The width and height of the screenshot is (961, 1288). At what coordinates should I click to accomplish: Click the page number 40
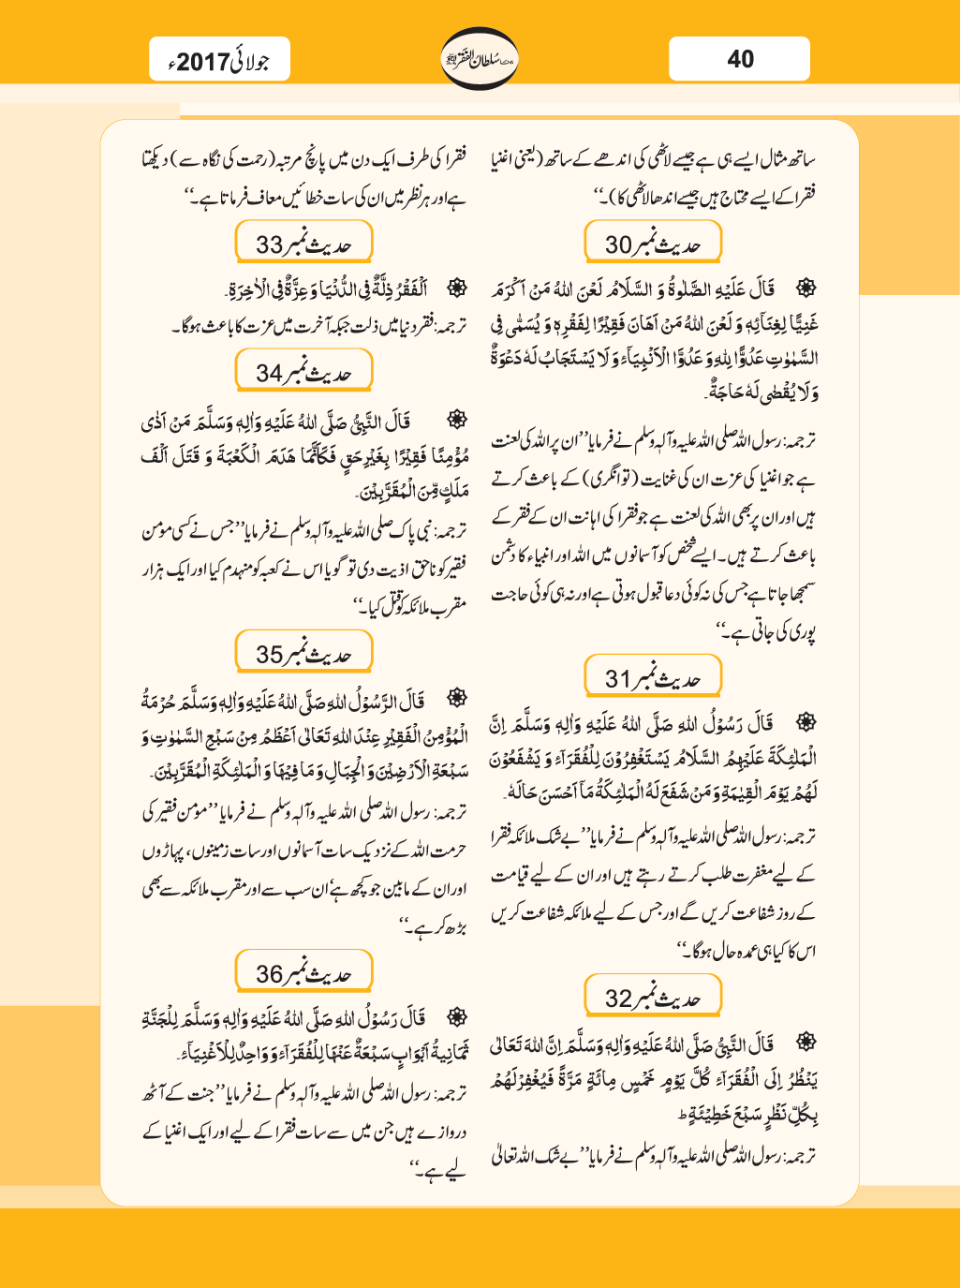point(740,59)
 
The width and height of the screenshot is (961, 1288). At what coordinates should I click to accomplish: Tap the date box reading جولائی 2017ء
point(220,62)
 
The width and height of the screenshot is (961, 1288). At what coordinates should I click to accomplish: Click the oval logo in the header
point(479,58)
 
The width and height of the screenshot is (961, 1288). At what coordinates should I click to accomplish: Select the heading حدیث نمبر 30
point(653,244)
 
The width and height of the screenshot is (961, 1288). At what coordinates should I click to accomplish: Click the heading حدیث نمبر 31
point(653,677)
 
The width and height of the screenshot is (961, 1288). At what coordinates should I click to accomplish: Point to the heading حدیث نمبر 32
point(653,998)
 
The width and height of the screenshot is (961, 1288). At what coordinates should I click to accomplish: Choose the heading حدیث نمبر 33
point(303,244)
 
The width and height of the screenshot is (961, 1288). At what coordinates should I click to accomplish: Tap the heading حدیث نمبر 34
point(303,372)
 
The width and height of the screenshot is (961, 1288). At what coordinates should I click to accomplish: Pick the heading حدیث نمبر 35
point(303,654)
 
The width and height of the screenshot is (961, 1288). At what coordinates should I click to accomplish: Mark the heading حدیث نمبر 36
point(303,973)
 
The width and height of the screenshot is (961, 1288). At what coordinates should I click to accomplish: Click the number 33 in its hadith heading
point(270,245)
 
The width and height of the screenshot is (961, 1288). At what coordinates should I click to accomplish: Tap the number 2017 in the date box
point(202,63)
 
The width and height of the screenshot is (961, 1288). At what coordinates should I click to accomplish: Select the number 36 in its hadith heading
point(270,975)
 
